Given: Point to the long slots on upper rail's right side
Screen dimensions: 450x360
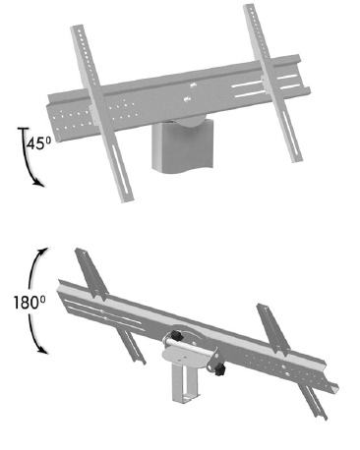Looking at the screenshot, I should [251, 94].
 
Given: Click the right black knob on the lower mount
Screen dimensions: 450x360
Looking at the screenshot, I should [223, 371].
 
